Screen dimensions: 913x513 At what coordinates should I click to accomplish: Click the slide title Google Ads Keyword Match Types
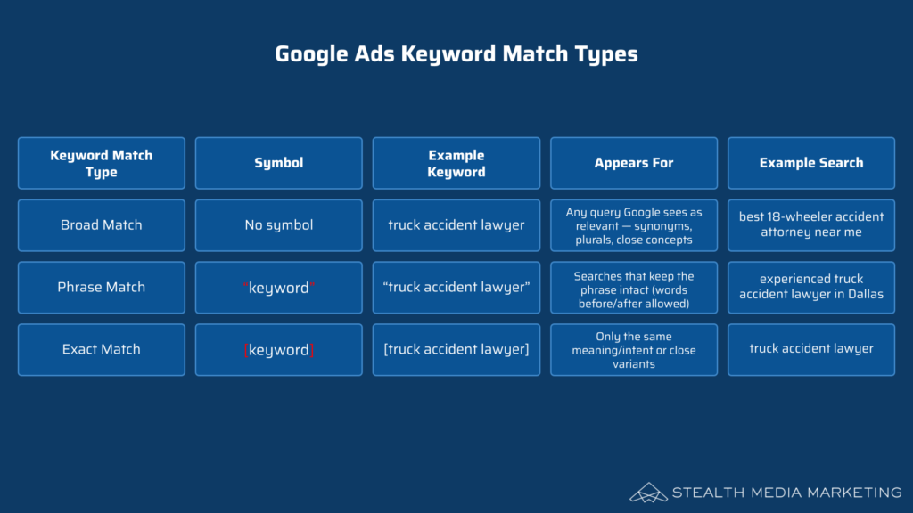tap(456, 54)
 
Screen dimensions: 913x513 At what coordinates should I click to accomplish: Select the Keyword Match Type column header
tap(102, 164)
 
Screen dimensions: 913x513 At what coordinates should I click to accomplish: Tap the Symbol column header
tap(279, 164)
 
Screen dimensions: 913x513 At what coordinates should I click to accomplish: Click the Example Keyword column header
tap(456, 164)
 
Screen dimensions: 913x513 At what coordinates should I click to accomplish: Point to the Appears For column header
tap(634, 164)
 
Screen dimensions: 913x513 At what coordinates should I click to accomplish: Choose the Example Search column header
tap(811, 164)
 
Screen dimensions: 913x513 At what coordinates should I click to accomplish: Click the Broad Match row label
tap(102, 225)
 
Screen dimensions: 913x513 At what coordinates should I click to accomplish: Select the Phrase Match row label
tap(102, 288)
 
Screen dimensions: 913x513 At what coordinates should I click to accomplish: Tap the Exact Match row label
tap(102, 349)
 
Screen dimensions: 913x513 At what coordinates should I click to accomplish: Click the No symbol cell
tap(279, 225)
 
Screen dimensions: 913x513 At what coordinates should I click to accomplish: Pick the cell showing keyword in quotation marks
tap(279, 288)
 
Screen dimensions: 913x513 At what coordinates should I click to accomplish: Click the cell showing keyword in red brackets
tap(279, 349)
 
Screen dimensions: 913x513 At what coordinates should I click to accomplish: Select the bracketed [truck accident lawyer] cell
tap(456, 349)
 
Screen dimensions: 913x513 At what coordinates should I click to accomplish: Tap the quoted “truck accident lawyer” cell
tap(456, 288)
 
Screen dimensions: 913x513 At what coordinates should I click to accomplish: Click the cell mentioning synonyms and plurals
tap(634, 225)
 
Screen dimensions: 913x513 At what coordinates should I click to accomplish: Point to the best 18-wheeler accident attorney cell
tap(811, 225)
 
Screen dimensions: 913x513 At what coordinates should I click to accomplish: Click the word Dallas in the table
tap(865, 294)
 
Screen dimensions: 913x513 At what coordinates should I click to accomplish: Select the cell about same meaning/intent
tap(634, 349)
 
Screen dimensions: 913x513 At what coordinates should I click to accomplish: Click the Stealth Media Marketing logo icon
tap(648, 493)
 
